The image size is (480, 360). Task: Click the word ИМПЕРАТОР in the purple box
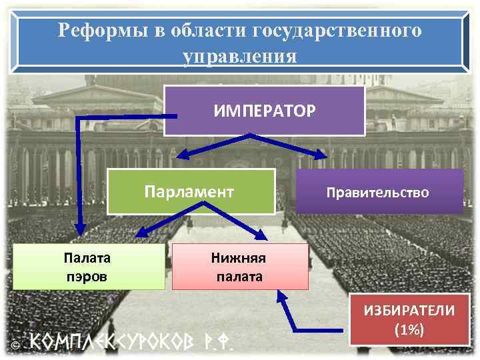click(265, 110)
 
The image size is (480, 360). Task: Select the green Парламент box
click(191, 192)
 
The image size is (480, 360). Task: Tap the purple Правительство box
click(378, 192)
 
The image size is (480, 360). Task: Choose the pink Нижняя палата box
click(239, 266)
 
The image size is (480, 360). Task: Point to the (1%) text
click(409, 329)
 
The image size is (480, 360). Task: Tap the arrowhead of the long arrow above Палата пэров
click(78, 230)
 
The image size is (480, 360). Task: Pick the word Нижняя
click(239, 257)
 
